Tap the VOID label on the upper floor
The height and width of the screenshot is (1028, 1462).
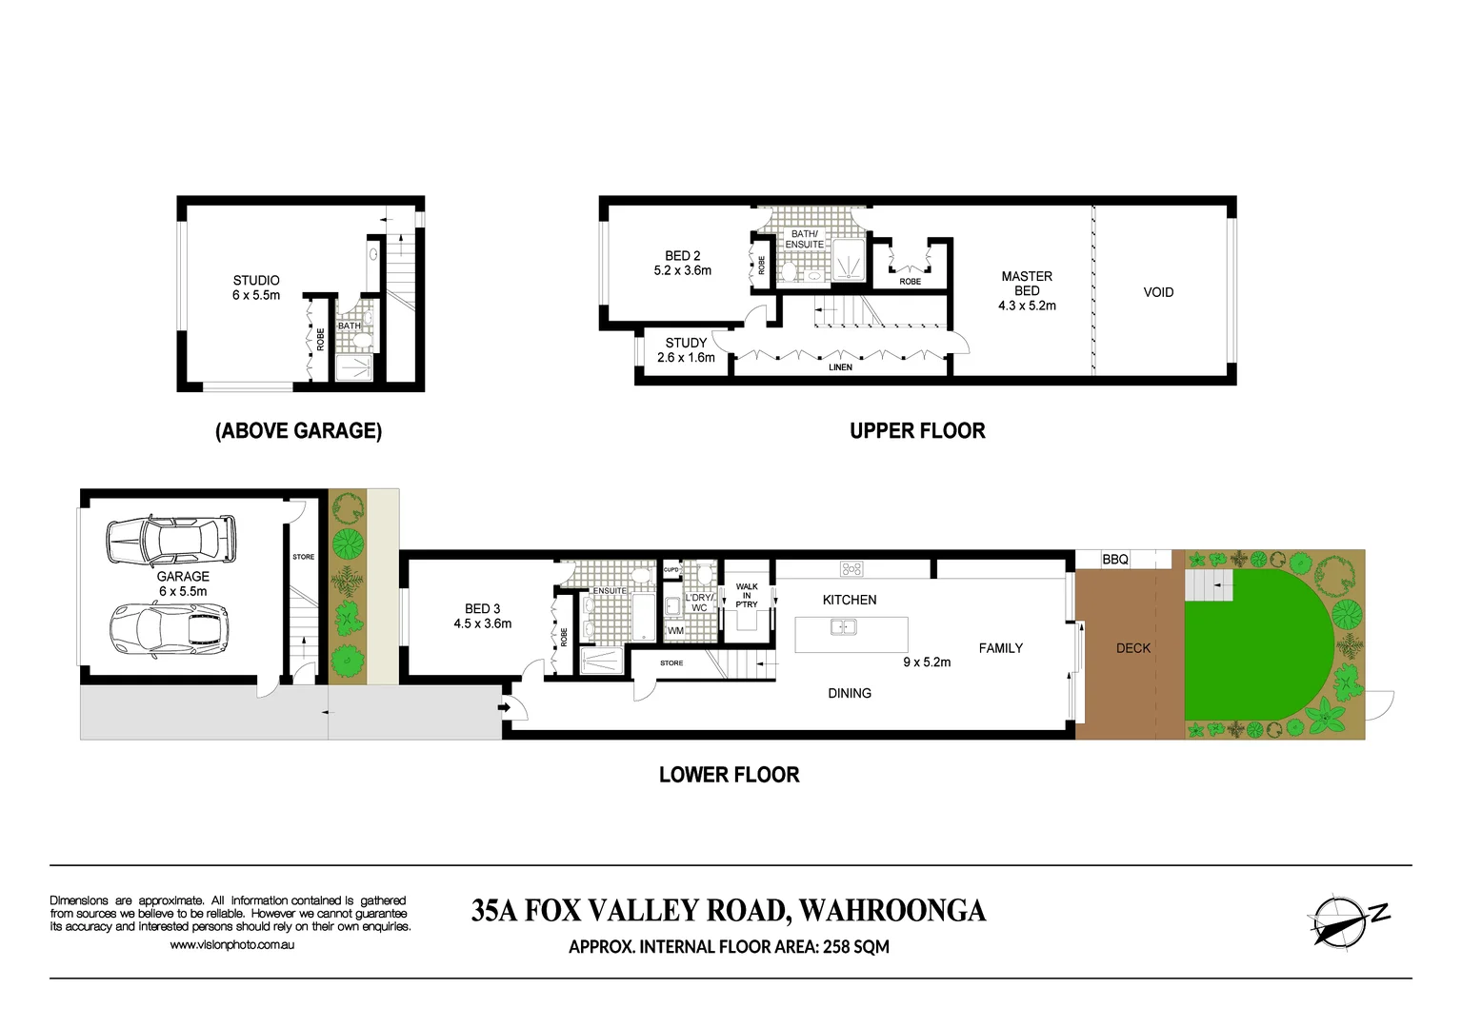(x=1158, y=292)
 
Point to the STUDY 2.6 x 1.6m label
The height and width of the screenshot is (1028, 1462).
(x=686, y=350)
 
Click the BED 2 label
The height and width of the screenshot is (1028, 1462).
(x=682, y=263)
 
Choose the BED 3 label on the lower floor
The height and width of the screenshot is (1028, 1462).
(x=482, y=616)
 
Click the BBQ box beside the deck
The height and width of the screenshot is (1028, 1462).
(x=1114, y=560)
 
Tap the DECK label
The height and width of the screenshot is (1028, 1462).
(x=1132, y=648)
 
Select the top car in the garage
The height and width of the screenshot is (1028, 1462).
(x=171, y=540)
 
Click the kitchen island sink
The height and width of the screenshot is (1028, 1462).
(x=843, y=626)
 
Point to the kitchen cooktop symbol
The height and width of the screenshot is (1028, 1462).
(x=851, y=569)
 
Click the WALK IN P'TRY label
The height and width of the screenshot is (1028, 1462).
(x=747, y=596)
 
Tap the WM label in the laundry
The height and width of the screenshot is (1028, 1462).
(x=675, y=631)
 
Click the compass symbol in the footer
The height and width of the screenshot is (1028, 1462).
(x=1337, y=921)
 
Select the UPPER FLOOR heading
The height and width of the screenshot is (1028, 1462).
(x=917, y=431)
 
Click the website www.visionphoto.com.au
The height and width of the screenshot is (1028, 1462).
(x=231, y=945)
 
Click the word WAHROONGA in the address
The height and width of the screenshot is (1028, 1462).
(x=892, y=911)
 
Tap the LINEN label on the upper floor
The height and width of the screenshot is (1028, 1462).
(x=840, y=367)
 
